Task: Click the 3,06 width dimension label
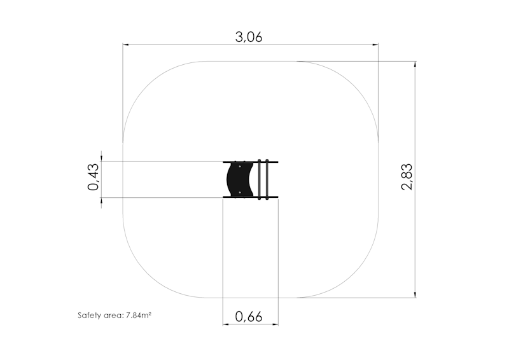click(x=249, y=38)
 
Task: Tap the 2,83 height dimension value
click(x=407, y=177)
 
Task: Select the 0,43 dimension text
click(x=94, y=177)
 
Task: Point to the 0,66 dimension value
click(x=249, y=317)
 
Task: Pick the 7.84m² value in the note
click(x=139, y=315)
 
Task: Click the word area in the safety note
click(x=114, y=315)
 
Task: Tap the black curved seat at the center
click(x=240, y=179)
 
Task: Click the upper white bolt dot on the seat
click(x=240, y=167)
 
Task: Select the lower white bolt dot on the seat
click(x=240, y=193)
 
